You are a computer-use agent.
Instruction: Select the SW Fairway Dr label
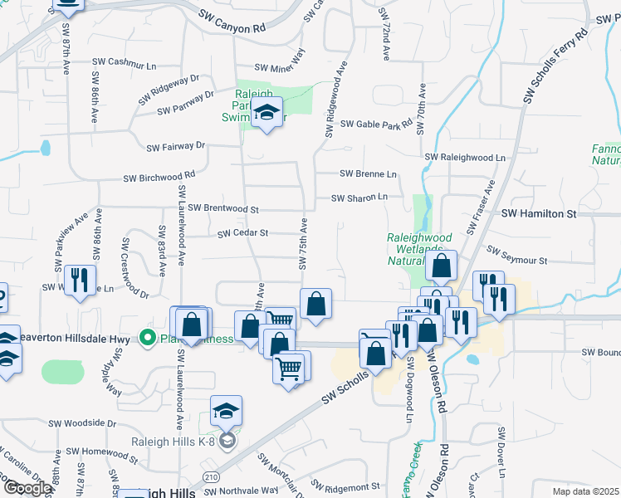tap(175, 147)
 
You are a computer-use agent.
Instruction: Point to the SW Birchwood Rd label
tap(159, 177)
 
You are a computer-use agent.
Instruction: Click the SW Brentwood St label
tap(224, 207)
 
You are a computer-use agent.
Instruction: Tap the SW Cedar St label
tap(242, 234)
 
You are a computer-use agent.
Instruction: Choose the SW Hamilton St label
tap(539, 213)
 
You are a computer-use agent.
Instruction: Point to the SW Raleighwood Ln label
tap(465, 157)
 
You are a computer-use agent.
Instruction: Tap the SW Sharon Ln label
tap(359, 198)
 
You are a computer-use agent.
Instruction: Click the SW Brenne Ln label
tap(369, 173)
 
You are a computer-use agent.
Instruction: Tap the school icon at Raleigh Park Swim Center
tap(266, 114)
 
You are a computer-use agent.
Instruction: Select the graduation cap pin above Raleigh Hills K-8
tap(226, 413)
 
